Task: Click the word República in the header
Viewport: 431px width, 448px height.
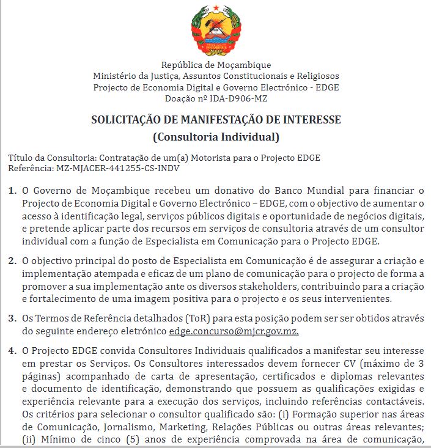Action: (180, 65)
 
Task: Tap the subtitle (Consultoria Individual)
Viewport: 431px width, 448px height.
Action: (216, 136)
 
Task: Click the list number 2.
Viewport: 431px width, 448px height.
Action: (12, 261)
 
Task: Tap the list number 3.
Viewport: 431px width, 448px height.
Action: (12, 318)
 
